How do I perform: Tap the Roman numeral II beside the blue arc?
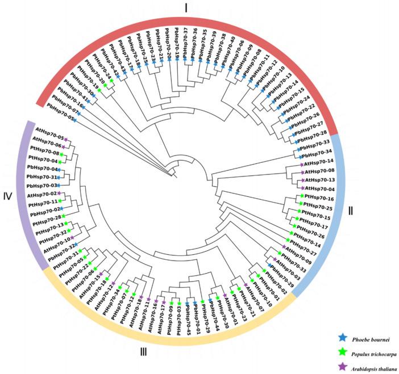[351, 211]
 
